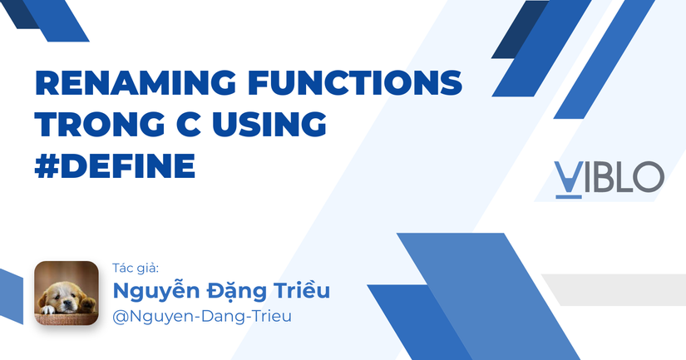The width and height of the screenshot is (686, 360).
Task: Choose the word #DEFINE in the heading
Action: point(114,165)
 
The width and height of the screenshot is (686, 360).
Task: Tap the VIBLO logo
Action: point(609,177)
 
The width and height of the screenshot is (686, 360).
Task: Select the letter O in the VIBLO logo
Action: point(648,176)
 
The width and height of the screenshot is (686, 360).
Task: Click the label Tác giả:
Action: point(136,268)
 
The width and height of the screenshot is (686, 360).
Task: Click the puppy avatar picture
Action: point(66,293)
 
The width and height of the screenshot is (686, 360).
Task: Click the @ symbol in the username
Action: point(121,317)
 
